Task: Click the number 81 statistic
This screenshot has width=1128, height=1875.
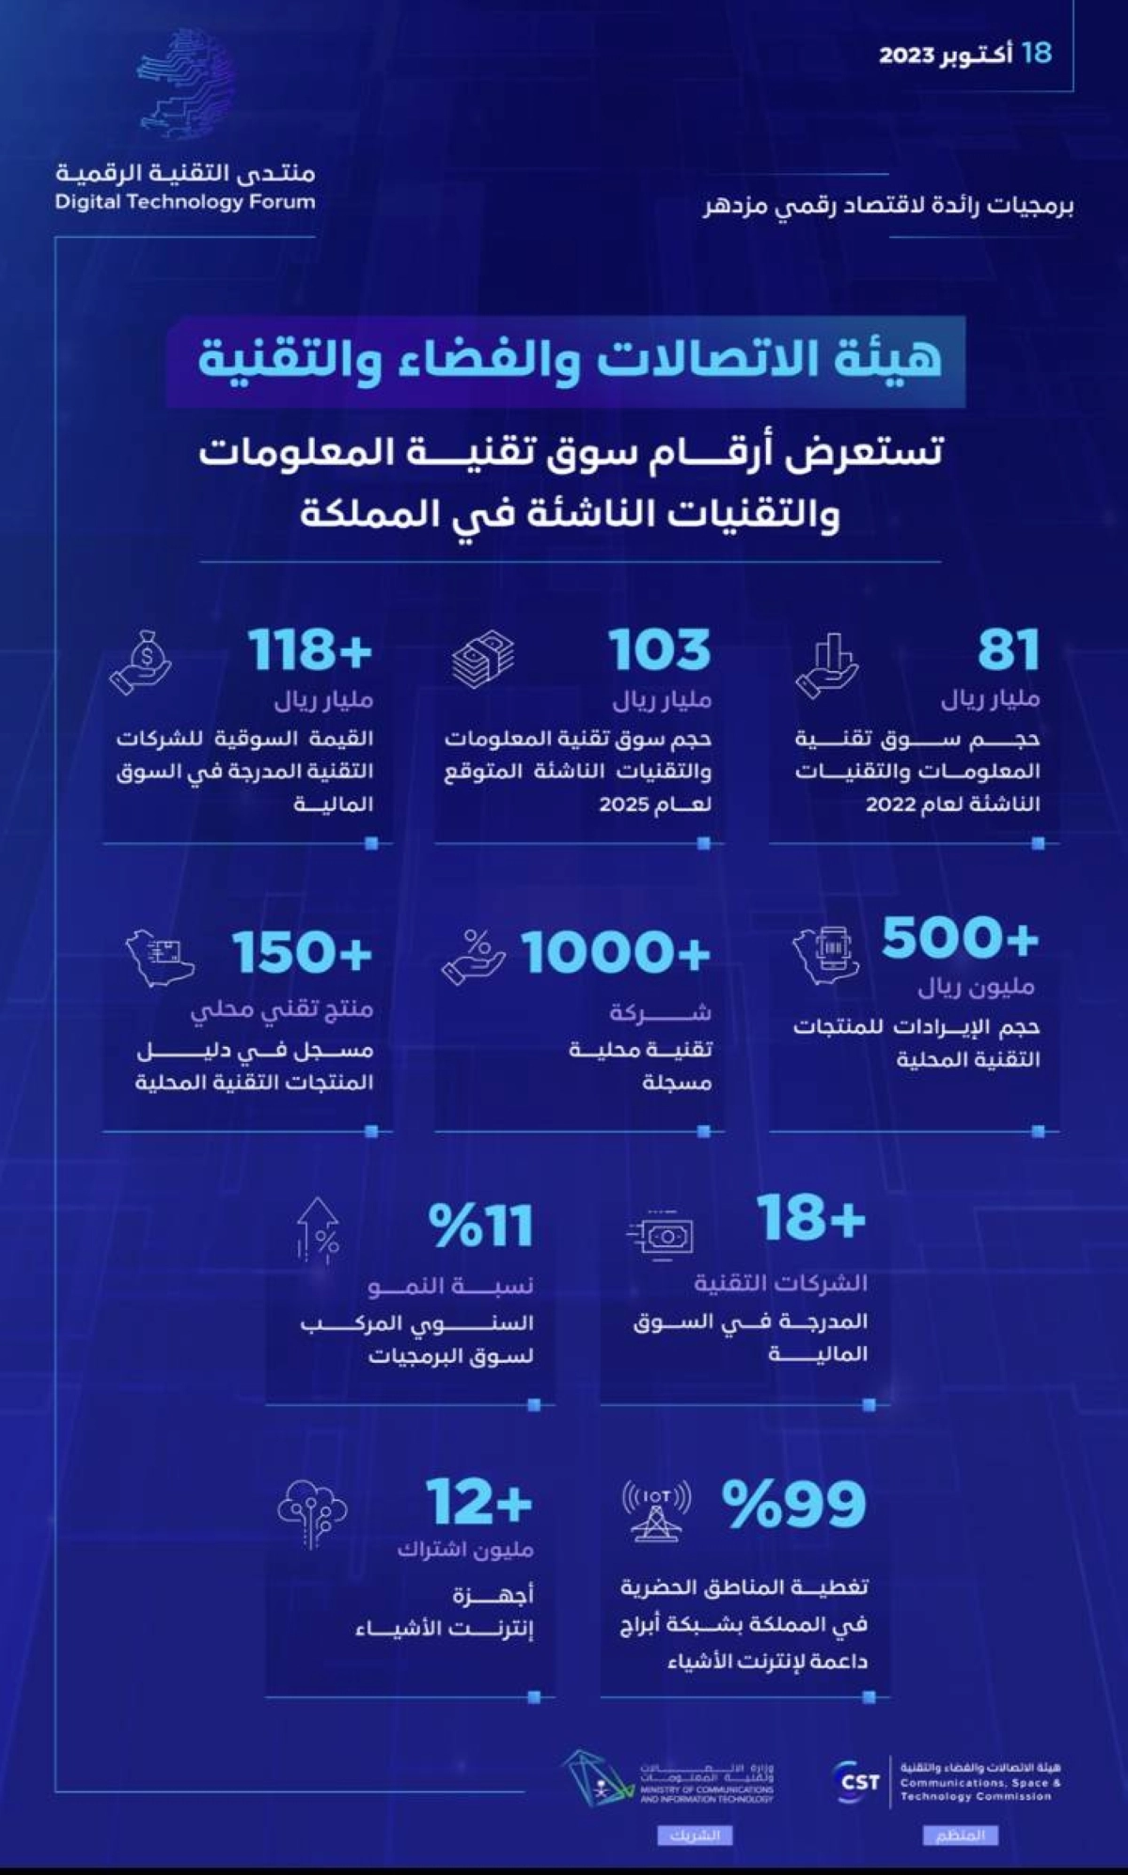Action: pos(1009,650)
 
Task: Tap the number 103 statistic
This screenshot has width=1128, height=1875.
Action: pos(659,650)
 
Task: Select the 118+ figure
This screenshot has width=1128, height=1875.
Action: pos(310,650)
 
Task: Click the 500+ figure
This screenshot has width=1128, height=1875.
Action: pos(960,938)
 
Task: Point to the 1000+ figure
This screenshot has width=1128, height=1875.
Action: pos(616,953)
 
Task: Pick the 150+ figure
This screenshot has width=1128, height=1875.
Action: pos(302,953)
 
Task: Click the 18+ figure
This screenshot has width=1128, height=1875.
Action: pos(811,1219)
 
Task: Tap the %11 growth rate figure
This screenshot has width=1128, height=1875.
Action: pos(480,1227)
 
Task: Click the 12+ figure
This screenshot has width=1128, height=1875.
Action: pos(478,1501)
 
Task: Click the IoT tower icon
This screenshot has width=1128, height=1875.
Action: pos(656,1510)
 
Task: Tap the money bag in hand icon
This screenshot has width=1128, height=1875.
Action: pos(141,663)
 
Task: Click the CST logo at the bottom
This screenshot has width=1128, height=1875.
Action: pos(857,1782)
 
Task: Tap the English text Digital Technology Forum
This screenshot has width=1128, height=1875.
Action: pos(185,201)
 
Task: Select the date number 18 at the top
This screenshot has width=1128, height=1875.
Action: pos(1036,53)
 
